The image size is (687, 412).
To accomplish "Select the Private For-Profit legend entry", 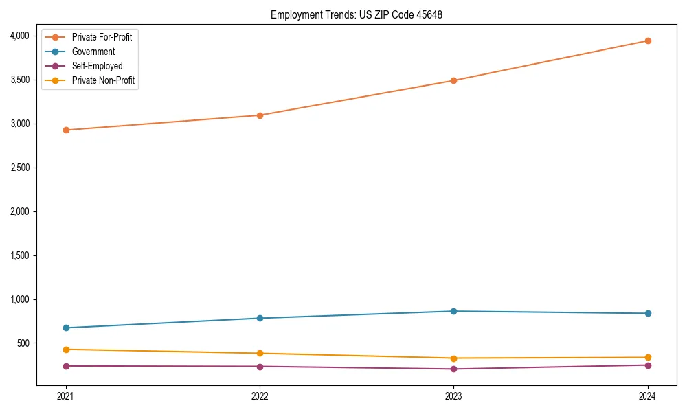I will pos(102,37).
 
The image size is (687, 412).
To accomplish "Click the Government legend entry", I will pos(93,51).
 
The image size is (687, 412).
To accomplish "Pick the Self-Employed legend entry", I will pos(97,66).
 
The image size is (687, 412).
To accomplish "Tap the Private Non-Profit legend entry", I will pos(103,80).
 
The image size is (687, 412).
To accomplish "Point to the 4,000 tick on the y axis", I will pos(19,36).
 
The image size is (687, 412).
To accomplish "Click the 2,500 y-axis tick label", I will pos(19,168).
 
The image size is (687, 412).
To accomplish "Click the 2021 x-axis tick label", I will pos(66,396).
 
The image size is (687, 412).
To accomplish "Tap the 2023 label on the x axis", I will pos(453,396).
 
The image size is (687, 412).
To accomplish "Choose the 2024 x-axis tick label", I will pos(648,396).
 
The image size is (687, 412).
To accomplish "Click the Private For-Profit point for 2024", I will pos(648,41).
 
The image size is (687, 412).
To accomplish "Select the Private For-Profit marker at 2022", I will pos(260,115).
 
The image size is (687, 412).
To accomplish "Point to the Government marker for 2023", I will pos(453,311).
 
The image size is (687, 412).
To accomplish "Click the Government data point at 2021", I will pos(66,328).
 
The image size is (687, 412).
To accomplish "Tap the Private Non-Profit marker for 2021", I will pos(66,350).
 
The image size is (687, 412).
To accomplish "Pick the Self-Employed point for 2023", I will pos(453,369).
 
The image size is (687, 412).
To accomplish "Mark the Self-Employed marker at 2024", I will pos(648,365).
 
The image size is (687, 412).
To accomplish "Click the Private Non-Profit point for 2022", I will pos(260,353).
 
